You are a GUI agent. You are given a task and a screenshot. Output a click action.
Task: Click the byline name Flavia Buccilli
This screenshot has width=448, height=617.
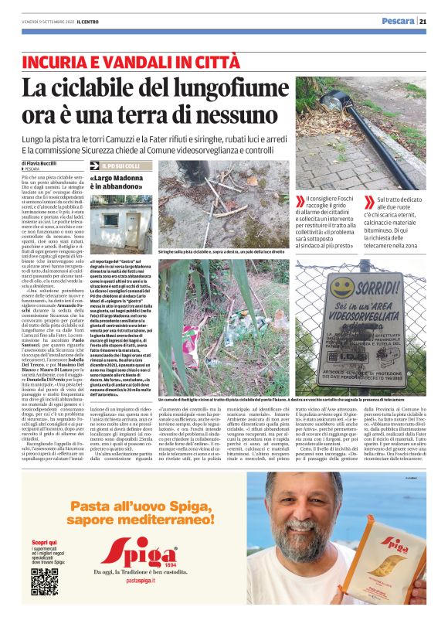43,164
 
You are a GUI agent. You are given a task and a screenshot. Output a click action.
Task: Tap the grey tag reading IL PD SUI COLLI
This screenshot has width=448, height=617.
122,166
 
